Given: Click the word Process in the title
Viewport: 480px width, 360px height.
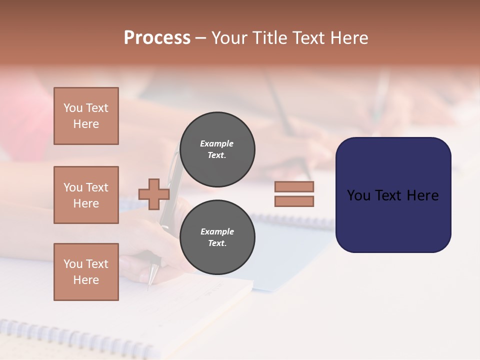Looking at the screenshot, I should pyautogui.click(x=157, y=38).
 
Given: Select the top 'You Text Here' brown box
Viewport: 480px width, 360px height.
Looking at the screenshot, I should pyautogui.click(x=86, y=116).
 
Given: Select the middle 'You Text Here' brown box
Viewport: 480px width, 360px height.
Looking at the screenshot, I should pyautogui.click(x=86, y=195).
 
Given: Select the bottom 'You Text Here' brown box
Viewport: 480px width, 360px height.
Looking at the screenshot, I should pyautogui.click(x=86, y=272).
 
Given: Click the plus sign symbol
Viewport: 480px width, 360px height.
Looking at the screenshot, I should pyautogui.click(x=154, y=194).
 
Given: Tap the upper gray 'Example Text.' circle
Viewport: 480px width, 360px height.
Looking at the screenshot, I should pyautogui.click(x=217, y=149).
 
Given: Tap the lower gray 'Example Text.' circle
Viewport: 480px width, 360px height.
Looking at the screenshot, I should pyautogui.click(x=217, y=237).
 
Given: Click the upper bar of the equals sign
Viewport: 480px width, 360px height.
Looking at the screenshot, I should pyautogui.click(x=294, y=186).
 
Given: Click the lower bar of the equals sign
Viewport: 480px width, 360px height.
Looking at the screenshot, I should pyautogui.click(x=294, y=201).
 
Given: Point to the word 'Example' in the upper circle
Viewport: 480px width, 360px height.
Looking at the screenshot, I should pyautogui.click(x=216, y=143).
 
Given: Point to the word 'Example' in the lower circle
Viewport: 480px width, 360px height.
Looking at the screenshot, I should pyautogui.click(x=217, y=231).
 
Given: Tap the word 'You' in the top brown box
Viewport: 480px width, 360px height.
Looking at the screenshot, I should pyautogui.click(x=73, y=108).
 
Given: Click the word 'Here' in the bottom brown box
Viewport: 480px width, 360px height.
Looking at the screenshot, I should pyautogui.click(x=86, y=280).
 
